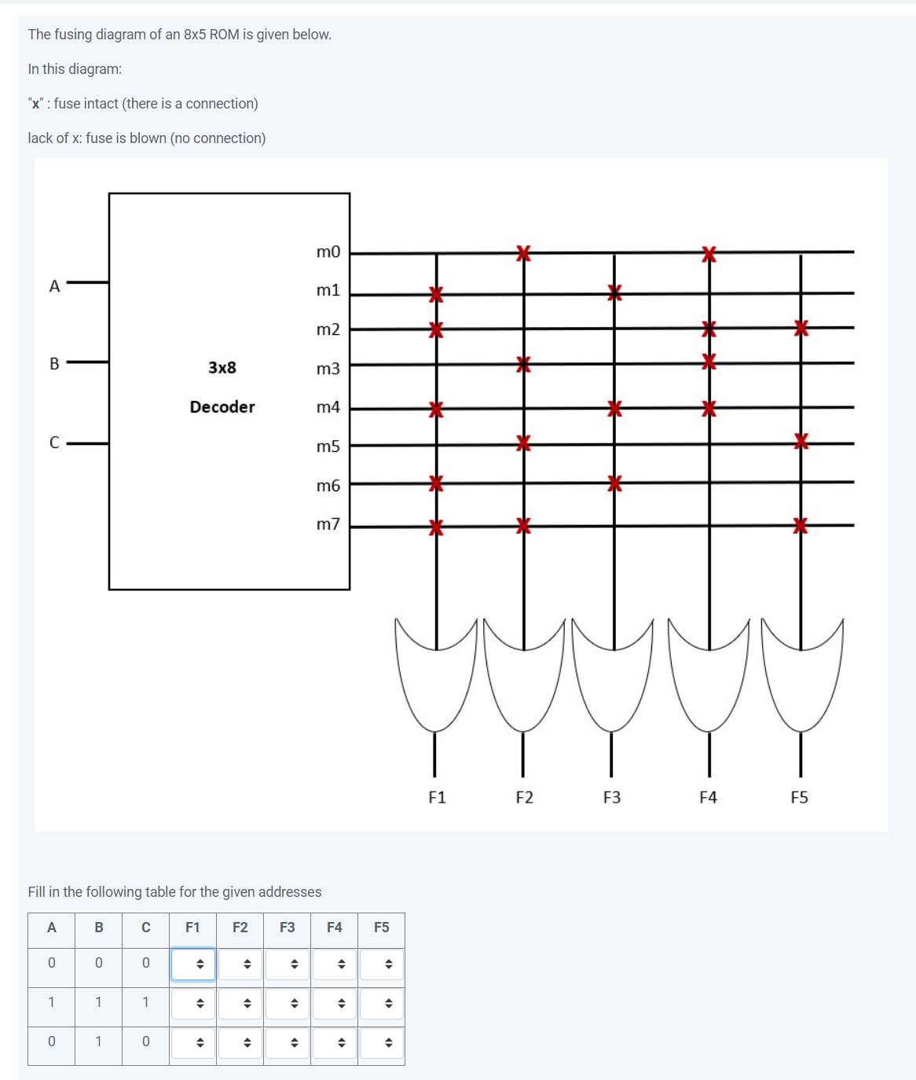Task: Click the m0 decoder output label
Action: pyautogui.click(x=328, y=252)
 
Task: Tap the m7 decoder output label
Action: pyautogui.click(x=328, y=523)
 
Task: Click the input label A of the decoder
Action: pyautogui.click(x=54, y=286)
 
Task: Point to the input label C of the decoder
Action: pyautogui.click(x=54, y=443)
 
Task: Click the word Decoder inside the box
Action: pyautogui.click(x=222, y=407)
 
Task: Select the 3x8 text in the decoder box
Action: pyautogui.click(x=222, y=367)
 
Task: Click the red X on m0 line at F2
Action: pyautogui.click(x=524, y=253)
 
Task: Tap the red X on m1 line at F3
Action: pyautogui.click(x=615, y=293)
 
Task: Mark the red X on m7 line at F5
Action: pyautogui.click(x=801, y=525)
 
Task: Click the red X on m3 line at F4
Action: pyautogui.click(x=709, y=362)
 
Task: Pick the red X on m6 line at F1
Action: pyautogui.click(x=436, y=483)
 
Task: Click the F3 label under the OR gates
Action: pyautogui.click(x=612, y=798)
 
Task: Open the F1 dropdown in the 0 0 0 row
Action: pyautogui.click(x=193, y=964)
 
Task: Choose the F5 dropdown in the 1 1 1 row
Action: pyautogui.click(x=382, y=1004)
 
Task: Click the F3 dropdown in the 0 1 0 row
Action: pyautogui.click(x=288, y=1043)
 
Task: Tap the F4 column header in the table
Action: pyautogui.click(x=335, y=928)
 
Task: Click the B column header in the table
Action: pyautogui.click(x=99, y=928)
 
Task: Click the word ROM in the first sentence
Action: pyautogui.click(x=224, y=35)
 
